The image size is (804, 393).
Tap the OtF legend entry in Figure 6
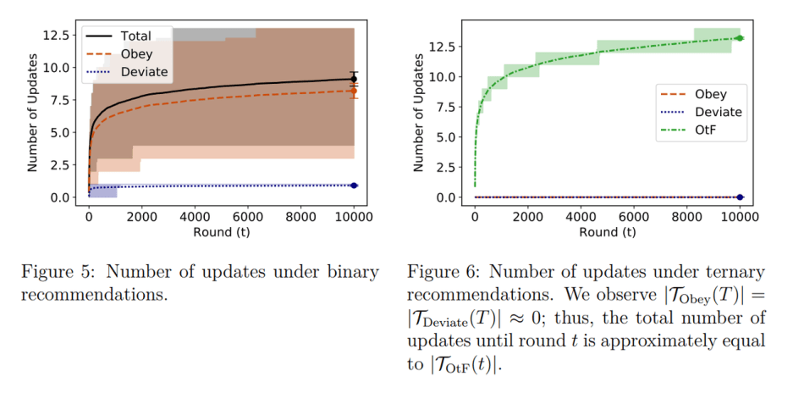pyautogui.click(x=707, y=131)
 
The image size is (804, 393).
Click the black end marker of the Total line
pyautogui.click(x=354, y=79)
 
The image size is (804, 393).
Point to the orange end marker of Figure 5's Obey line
pyautogui.click(x=354, y=91)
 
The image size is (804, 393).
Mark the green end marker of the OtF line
pyautogui.click(x=740, y=38)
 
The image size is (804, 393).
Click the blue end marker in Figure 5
pyautogui.click(x=354, y=185)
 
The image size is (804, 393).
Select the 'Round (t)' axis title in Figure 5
pyautogui.click(x=221, y=230)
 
